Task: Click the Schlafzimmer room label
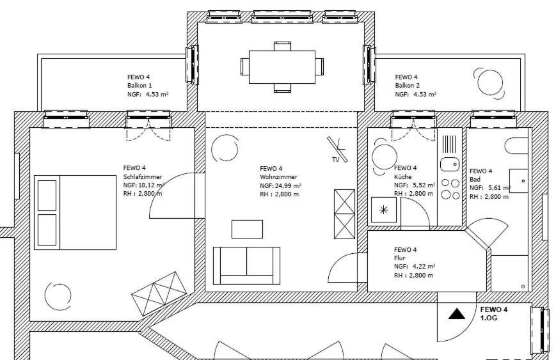[142, 176]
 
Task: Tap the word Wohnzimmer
[278, 177]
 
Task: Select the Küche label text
[403, 176]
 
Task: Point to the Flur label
[399, 258]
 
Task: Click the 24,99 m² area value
[288, 185]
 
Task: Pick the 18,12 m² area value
[151, 185]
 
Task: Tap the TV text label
[335, 159]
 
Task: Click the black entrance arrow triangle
[457, 314]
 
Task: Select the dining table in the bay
[282, 67]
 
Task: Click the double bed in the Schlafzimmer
[75, 212]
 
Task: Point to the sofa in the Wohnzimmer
[246, 266]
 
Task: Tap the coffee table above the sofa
[247, 229]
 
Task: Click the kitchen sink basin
[450, 164]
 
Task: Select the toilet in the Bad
[516, 146]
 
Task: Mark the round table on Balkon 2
[489, 82]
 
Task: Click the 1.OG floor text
[489, 318]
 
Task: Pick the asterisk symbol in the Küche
[384, 210]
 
